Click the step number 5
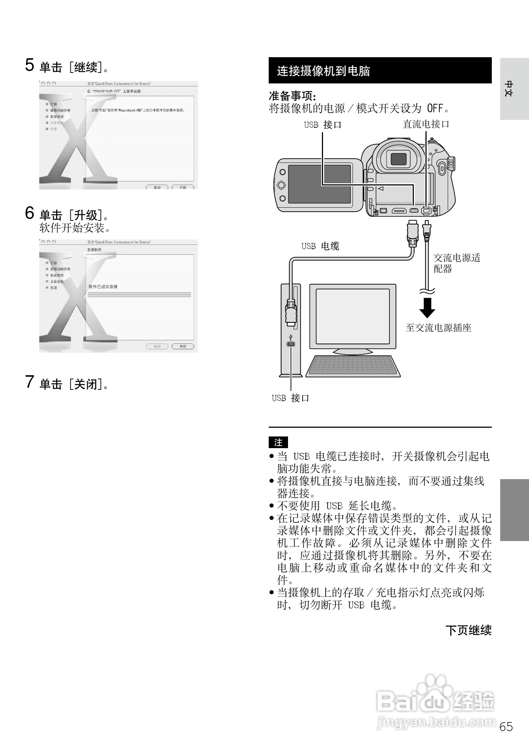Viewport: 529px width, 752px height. pyautogui.click(x=30, y=65)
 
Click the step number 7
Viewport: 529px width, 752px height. pyautogui.click(x=30, y=382)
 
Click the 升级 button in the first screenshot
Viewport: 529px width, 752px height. pyautogui.click(x=183, y=187)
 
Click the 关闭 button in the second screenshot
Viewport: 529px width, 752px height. pyautogui.click(x=183, y=346)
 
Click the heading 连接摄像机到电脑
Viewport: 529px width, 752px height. pyautogui.click(x=323, y=71)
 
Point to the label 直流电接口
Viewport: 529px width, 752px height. pyautogui.click(x=425, y=124)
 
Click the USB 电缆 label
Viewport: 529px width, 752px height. pyautogui.click(x=320, y=246)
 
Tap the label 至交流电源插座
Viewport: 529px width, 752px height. pyautogui.click(x=439, y=328)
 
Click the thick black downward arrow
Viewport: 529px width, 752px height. pyautogui.click(x=427, y=308)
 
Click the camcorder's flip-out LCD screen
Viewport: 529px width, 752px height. pyautogui.click(x=319, y=184)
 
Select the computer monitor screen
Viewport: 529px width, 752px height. pyautogui.click(x=353, y=316)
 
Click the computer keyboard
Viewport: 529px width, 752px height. pyautogui.click(x=353, y=365)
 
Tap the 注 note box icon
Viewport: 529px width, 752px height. pyautogui.click(x=278, y=442)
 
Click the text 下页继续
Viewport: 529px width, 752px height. pyautogui.click(x=468, y=630)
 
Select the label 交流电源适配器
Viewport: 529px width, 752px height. pyautogui.click(x=456, y=263)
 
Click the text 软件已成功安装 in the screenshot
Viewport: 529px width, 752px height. pyautogui.click(x=103, y=287)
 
